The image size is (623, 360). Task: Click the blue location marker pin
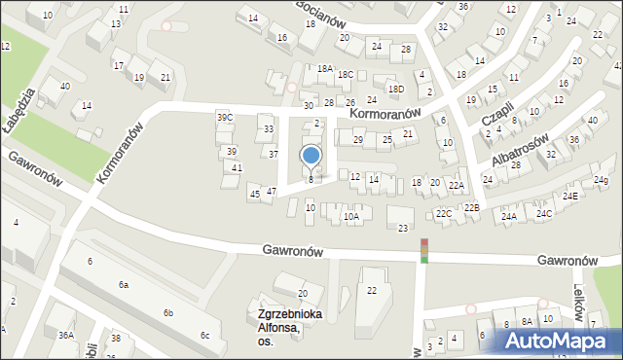click(311, 156)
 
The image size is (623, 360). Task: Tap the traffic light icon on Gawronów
click(423, 250)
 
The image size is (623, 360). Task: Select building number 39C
click(225, 117)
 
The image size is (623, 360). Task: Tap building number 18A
click(325, 68)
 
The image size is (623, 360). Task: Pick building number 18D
click(395, 90)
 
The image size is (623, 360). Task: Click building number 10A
click(351, 218)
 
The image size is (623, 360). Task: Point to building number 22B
click(471, 207)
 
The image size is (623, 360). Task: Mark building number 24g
click(602, 180)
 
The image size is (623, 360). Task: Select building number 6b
click(168, 312)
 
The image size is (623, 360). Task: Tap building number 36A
click(65, 335)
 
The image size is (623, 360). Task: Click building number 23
click(403, 228)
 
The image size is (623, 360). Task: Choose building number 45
click(254, 195)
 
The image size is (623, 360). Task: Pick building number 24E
click(568, 197)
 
